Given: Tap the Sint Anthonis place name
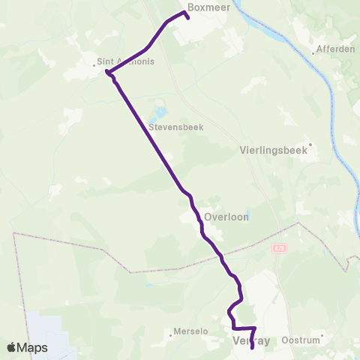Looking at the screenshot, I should click(x=126, y=61).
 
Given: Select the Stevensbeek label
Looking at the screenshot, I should click(x=175, y=127).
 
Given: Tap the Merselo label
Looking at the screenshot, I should click(x=189, y=331).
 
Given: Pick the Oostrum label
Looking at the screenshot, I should click(x=300, y=340).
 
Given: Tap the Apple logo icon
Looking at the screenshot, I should click(x=12, y=348).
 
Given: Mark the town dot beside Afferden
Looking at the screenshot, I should click(x=313, y=52).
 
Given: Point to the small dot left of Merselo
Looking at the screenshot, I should click(x=171, y=335).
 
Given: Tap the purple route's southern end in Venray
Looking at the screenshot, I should click(x=252, y=347).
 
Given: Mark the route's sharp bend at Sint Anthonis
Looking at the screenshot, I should click(x=108, y=73).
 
